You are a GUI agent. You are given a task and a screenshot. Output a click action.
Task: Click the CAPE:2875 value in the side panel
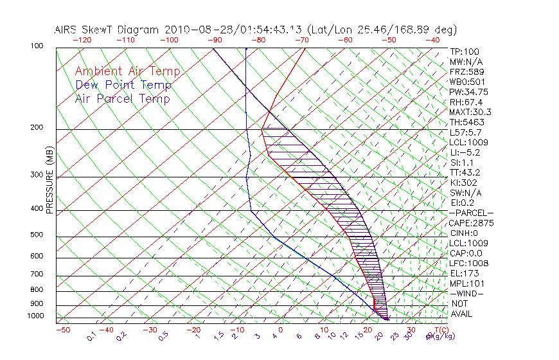tap(470, 223)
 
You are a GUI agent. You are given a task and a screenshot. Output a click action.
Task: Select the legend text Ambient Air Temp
tap(127, 71)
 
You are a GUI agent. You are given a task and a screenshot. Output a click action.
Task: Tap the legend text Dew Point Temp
tap(123, 85)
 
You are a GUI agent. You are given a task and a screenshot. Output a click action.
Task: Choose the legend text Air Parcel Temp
tap(123, 98)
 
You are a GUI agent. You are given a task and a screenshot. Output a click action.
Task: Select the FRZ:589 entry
tap(464, 72)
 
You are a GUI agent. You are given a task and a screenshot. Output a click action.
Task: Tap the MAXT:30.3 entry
tap(470, 112)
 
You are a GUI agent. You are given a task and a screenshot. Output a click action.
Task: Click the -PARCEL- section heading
tap(471, 213)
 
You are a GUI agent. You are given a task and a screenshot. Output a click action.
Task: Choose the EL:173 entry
tap(463, 273)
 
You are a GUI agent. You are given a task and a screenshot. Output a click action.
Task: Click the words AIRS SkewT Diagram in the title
tap(108, 30)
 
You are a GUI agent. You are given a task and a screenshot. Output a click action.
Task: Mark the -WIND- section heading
tap(467, 293)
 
